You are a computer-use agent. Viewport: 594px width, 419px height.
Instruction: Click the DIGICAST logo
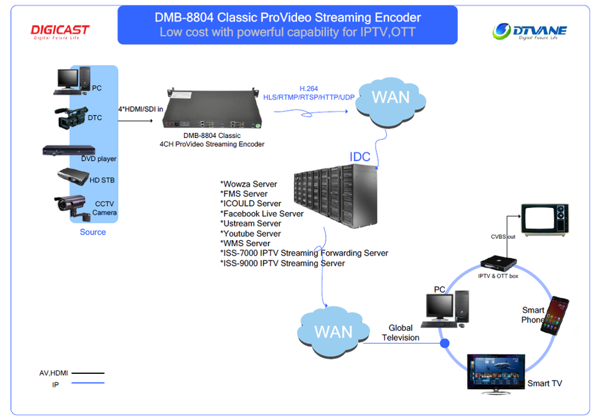click(x=60, y=32)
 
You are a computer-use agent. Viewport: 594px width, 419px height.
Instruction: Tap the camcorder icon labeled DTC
click(x=71, y=118)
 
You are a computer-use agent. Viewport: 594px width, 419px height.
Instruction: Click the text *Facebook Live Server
click(x=262, y=214)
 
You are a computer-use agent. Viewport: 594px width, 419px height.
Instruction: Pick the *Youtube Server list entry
click(x=251, y=233)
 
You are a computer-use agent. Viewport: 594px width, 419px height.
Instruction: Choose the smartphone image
click(x=555, y=315)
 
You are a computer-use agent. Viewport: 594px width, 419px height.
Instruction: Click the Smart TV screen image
click(x=496, y=372)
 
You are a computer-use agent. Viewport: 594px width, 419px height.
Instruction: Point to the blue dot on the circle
click(x=444, y=342)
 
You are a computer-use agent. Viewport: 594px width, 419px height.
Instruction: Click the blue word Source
click(x=93, y=232)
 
